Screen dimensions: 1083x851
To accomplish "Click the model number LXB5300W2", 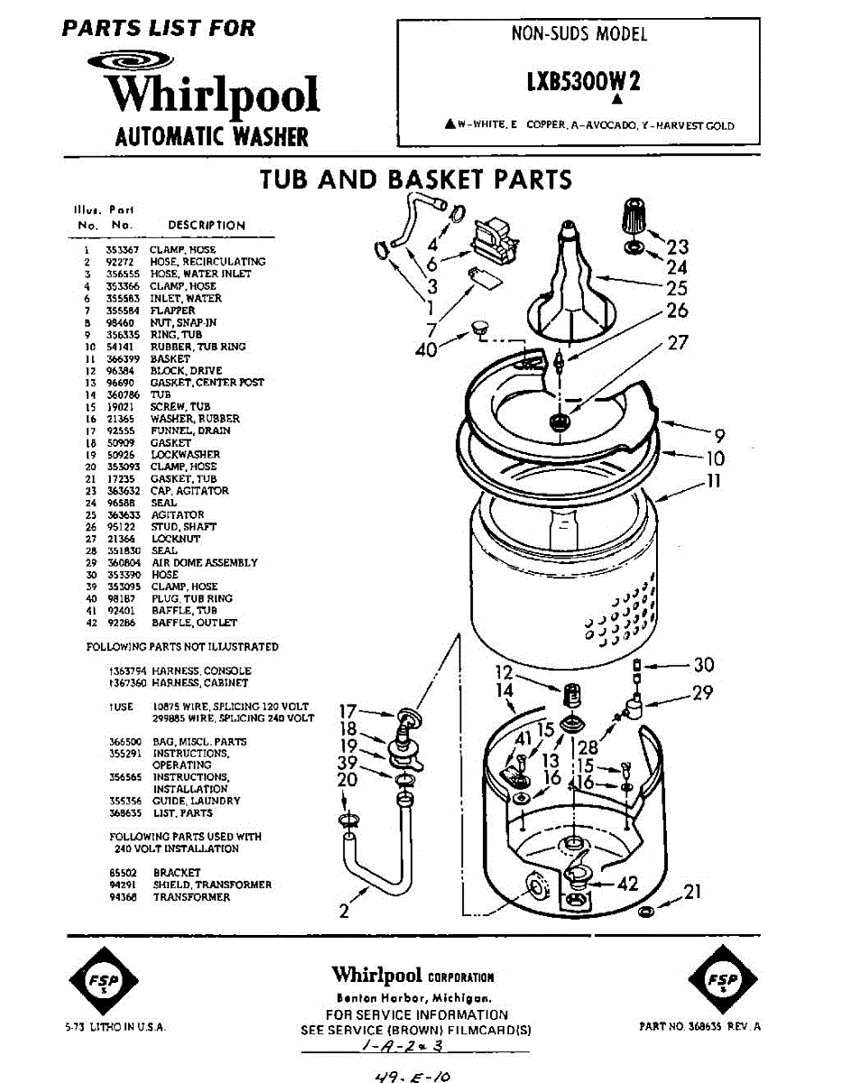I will pos(583,81).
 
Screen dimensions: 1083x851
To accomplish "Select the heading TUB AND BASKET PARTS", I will pos(416,179).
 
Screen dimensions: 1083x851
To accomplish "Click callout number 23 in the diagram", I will pos(677,246).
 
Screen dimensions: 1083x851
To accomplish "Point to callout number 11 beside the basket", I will pos(713,482).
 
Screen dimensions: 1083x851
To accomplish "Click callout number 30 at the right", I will pos(703,665).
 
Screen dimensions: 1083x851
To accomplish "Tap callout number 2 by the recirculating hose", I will pos(344,912).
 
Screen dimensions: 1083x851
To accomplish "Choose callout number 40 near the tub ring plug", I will pos(426,349).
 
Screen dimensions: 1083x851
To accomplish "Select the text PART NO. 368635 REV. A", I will pos(699,1027).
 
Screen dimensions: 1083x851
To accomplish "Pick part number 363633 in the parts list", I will pos(119,514).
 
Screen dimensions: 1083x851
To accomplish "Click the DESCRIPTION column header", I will pos(206,225).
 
